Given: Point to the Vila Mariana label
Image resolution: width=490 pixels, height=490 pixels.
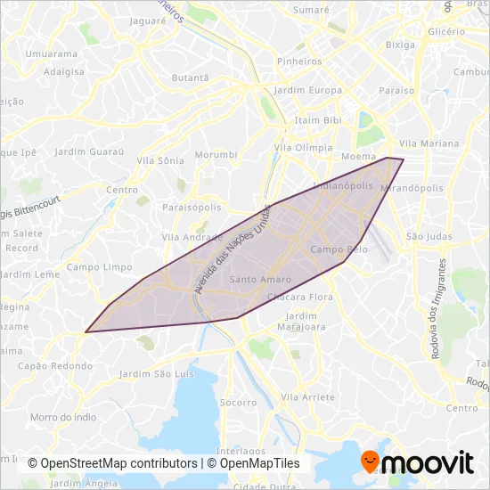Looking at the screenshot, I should [429, 143].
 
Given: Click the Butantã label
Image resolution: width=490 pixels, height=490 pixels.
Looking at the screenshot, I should [189, 78].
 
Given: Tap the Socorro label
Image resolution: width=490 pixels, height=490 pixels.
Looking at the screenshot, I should [238, 403].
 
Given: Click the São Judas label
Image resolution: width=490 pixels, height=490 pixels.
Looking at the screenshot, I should [424, 237].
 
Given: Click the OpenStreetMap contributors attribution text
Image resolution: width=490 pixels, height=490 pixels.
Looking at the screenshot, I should [112, 464].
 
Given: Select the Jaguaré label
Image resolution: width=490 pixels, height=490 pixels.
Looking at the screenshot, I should [149, 20].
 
